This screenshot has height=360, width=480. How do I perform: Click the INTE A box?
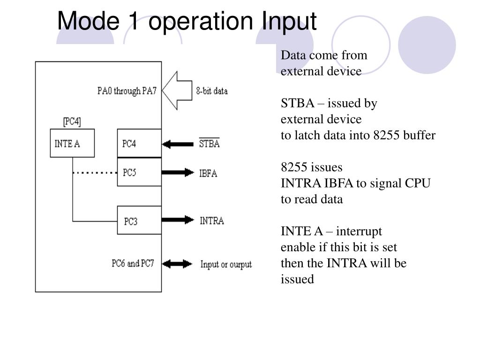72,143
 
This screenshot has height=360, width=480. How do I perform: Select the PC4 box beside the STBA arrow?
139,143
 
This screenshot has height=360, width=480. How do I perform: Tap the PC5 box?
139,172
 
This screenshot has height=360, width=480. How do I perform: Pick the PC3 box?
139,220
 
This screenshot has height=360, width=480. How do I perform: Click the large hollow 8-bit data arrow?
177,90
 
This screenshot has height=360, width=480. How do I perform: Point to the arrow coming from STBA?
178,144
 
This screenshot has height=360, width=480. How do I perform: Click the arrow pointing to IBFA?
178,172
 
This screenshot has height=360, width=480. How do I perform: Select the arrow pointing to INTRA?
178,219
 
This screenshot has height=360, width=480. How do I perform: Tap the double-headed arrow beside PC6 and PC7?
177,264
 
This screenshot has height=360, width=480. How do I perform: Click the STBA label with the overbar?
210,143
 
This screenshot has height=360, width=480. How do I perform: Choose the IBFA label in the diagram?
208,173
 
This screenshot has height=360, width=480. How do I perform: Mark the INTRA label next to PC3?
212,221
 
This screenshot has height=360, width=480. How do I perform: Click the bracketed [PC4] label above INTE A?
72,121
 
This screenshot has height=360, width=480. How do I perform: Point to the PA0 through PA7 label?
127,91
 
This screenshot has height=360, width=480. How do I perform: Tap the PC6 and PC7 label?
133,263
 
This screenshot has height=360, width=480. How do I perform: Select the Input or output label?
226,264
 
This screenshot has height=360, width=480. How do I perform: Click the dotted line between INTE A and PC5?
95,173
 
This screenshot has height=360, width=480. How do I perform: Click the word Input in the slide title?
289,22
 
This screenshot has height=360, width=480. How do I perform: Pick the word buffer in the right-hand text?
420,135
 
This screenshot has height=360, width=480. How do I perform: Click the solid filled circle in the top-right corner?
427,45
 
